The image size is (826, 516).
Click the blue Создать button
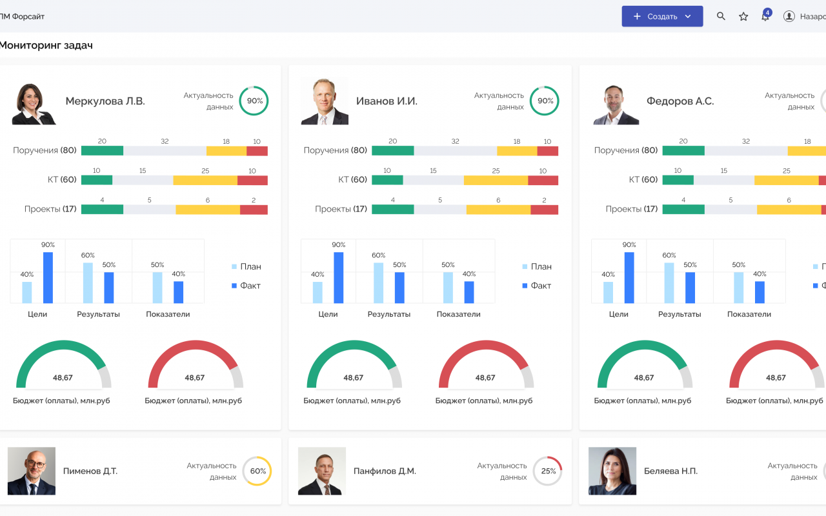(x=662, y=16)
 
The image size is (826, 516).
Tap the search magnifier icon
(x=721, y=16)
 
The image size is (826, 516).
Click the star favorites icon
(x=743, y=17)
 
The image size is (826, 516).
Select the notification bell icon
(x=765, y=16)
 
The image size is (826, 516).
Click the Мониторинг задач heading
(x=46, y=45)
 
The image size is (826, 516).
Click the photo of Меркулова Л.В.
(x=34, y=104)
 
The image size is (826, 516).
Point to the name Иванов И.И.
(x=387, y=101)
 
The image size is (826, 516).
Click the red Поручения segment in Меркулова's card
(x=257, y=151)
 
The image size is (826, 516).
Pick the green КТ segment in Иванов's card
(x=387, y=180)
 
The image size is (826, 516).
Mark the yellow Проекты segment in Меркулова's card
(x=208, y=210)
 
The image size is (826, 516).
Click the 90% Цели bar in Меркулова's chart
(x=48, y=277)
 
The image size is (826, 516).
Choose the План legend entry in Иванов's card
(x=537, y=266)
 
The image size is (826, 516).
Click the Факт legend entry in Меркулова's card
(x=246, y=286)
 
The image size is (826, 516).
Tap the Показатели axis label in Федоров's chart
(x=749, y=314)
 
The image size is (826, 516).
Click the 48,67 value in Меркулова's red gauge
(x=195, y=378)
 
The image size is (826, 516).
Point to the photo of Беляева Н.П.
(x=612, y=471)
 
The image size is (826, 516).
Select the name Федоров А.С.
(x=680, y=101)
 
